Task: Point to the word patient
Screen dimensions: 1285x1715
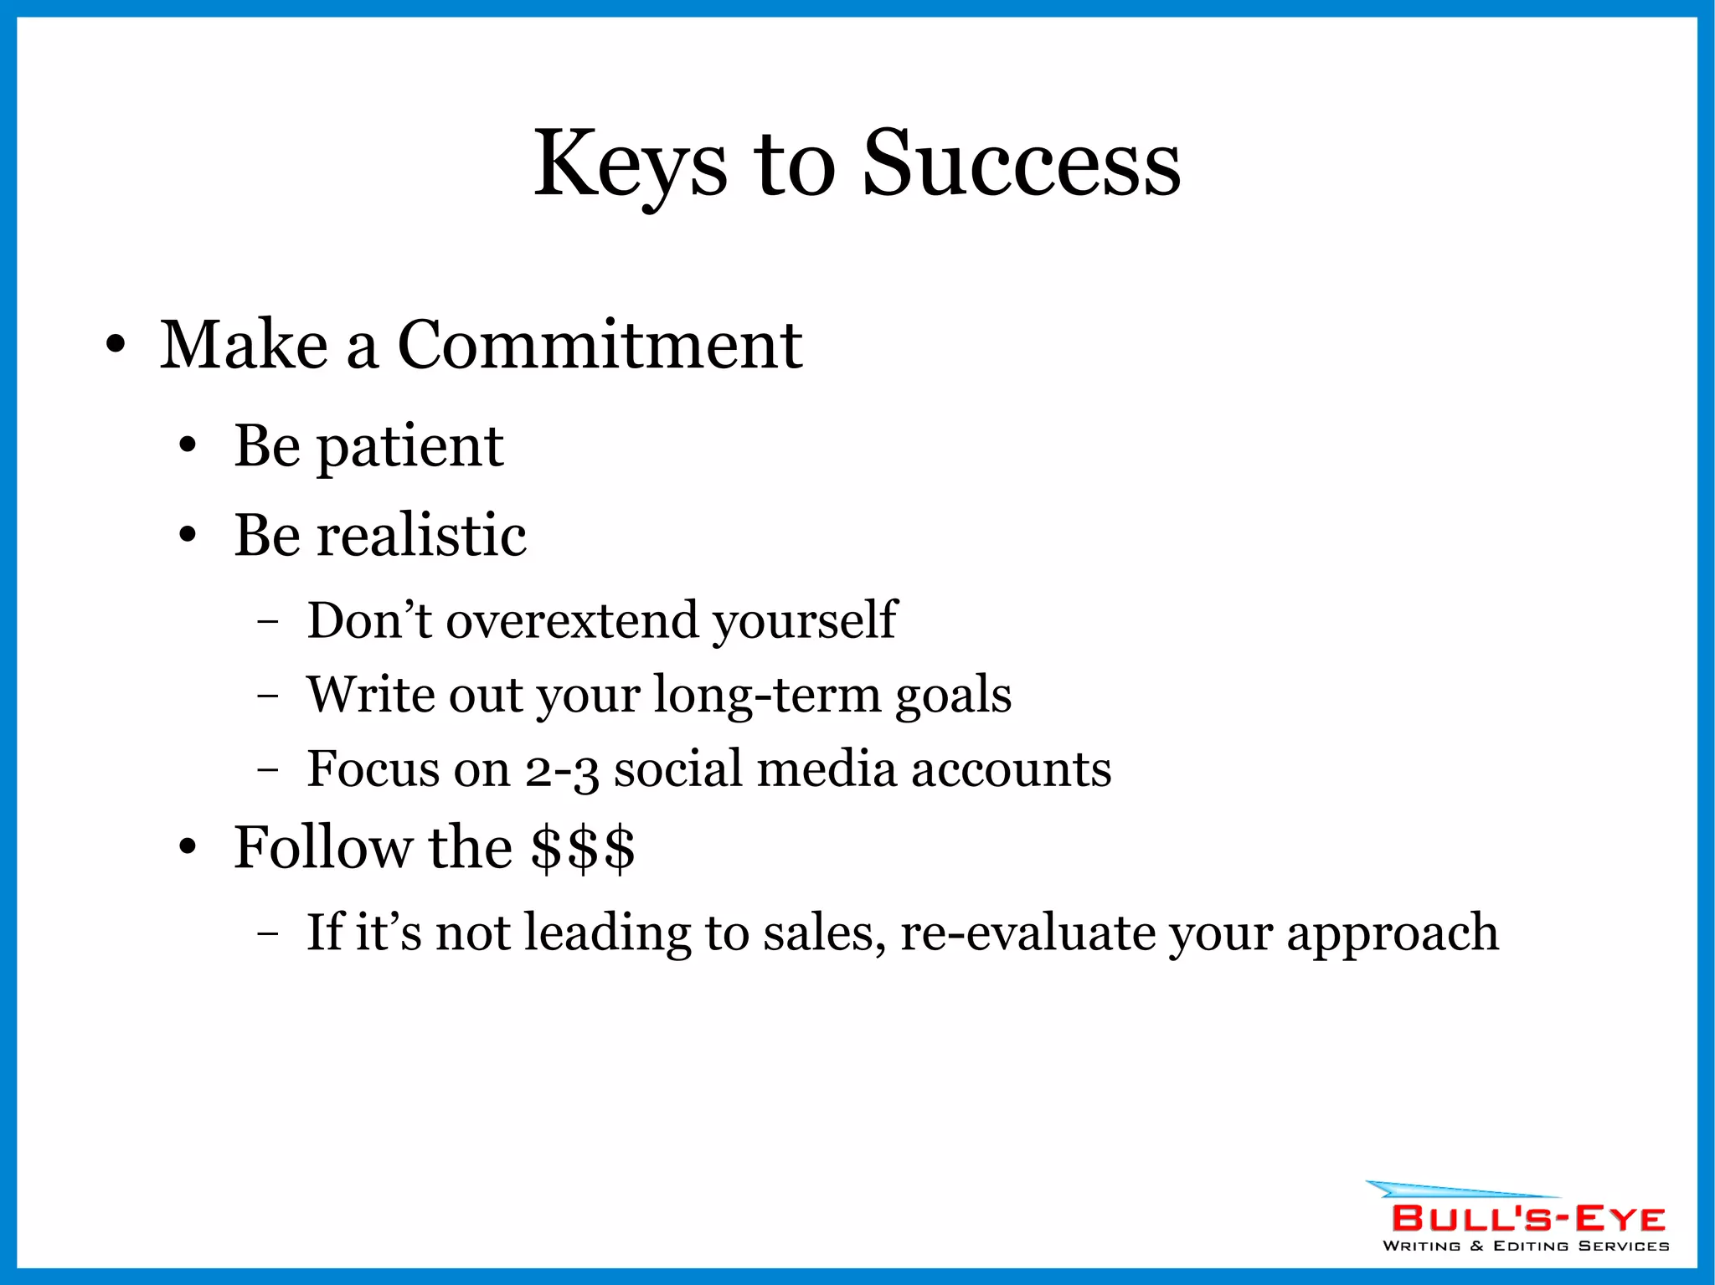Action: [x=410, y=447]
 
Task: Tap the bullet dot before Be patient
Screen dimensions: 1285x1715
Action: [x=188, y=447]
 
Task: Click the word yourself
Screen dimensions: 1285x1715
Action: [x=805, y=621]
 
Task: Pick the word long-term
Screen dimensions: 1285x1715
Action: [x=767, y=695]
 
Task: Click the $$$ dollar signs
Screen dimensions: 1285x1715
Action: [x=583, y=847]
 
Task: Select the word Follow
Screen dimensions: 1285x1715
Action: [x=322, y=847]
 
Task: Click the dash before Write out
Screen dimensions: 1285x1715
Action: [x=267, y=695]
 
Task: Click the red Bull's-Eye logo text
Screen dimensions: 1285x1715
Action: [x=1527, y=1219]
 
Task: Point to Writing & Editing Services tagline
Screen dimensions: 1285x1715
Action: [x=1526, y=1246]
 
